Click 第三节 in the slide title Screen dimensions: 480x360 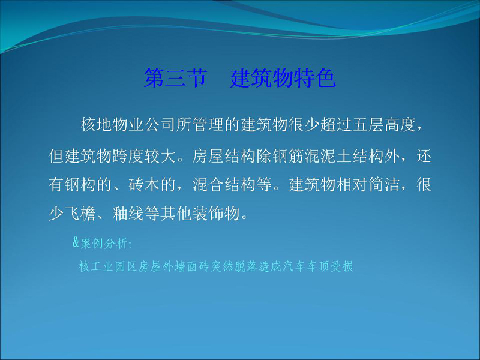176,78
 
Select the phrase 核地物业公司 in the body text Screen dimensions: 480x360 128,125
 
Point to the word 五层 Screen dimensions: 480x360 368,125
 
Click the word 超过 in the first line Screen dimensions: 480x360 336,125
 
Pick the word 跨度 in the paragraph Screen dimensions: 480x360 128,156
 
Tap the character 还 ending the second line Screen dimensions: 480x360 424,156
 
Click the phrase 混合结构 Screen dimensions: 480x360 224,185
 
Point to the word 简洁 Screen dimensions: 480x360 385,185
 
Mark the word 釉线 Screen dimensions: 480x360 128,214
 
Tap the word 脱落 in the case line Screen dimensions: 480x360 246,266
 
